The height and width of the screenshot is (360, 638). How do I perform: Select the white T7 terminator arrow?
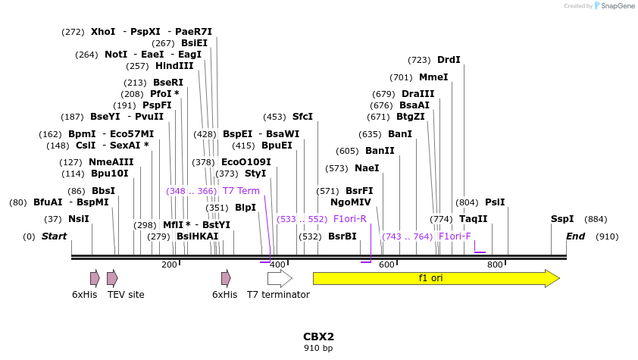point(279,278)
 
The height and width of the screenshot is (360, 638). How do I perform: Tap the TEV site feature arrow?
point(112,278)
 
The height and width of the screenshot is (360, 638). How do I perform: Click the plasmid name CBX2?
point(318,337)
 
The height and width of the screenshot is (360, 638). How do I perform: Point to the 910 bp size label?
point(318,349)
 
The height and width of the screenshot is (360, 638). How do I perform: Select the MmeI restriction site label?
point(433,77)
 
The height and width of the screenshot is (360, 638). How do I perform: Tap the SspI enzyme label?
point(562,219)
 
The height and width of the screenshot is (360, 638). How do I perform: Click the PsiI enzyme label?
point(495,202)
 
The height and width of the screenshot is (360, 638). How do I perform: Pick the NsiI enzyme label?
point(79,219)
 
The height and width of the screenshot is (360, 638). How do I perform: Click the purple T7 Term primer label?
point(241,191)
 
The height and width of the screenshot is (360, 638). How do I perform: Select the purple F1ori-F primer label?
point(455,236)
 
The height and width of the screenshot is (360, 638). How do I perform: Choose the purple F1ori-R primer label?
point(350,219)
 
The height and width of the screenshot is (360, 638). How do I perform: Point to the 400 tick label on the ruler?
point(277,265)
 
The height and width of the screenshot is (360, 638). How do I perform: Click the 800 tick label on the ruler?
point(495,265)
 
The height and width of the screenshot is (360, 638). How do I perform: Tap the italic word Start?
point(54,236)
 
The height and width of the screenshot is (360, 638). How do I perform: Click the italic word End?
point(575,236)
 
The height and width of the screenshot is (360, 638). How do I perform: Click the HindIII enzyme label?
point(174,66)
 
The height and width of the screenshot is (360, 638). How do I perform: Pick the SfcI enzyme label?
point(302,117)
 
